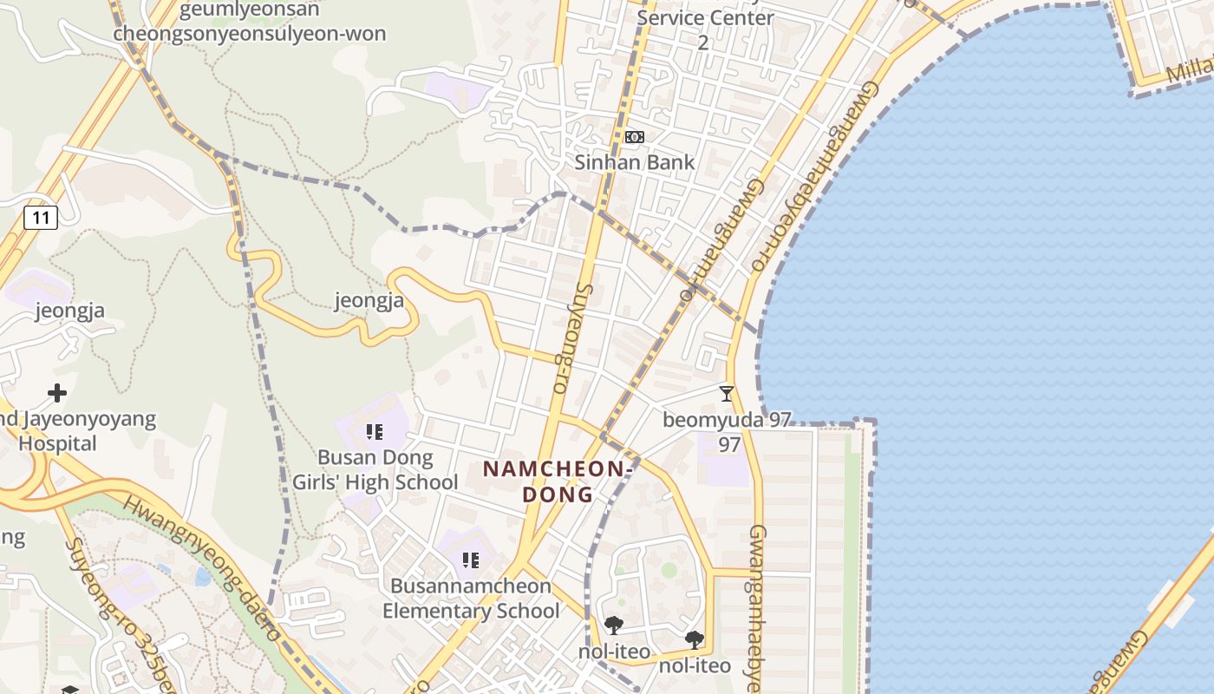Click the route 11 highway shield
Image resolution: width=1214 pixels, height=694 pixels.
pos(41,218)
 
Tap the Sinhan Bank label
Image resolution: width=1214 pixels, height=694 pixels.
pos(635,162)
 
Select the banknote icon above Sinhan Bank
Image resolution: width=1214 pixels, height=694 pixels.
pos(635,137)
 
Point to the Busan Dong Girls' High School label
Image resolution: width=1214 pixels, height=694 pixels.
pos(375,470)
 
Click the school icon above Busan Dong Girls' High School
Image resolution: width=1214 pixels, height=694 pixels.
pos(375,431)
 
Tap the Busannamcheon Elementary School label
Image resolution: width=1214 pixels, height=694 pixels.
pos(471,598)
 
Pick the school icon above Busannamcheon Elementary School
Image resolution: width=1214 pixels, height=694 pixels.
pos(471,560)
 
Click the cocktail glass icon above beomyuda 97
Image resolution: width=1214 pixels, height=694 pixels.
pos(727,394)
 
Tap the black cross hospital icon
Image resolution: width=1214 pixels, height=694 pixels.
pos(57,394)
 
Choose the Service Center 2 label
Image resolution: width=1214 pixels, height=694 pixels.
pos(704,29)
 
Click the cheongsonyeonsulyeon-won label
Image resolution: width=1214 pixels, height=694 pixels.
pos(250,34)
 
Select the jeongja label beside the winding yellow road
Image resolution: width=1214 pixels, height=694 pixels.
pos(369,301)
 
